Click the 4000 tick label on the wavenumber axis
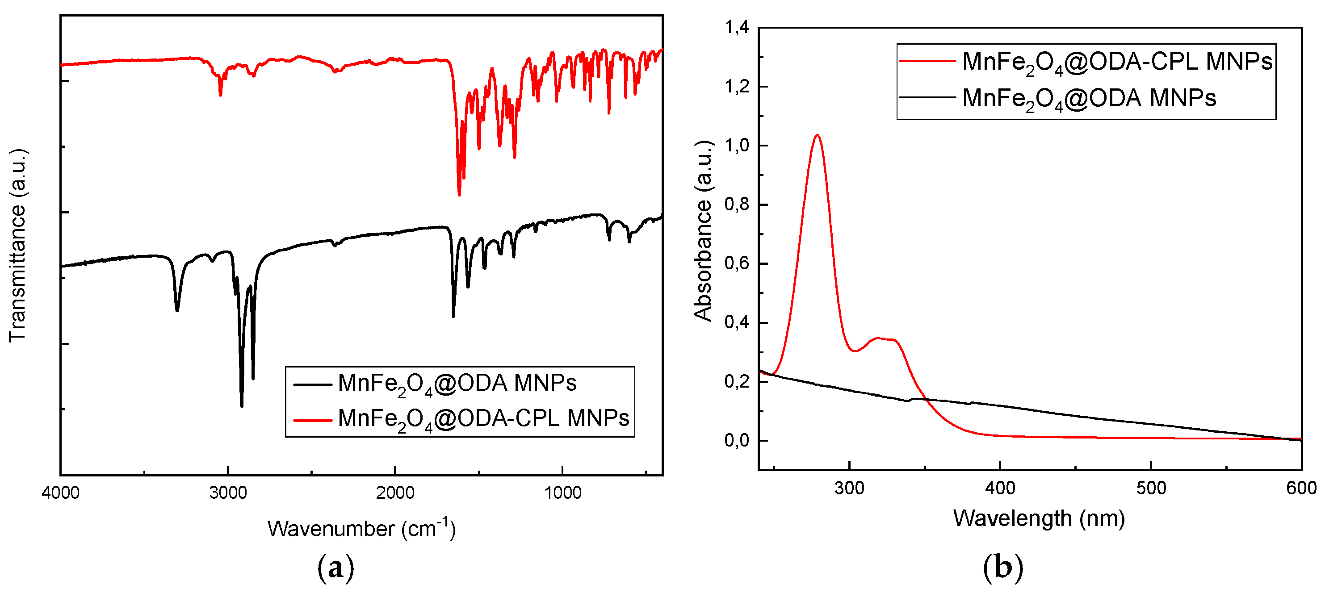pyautogui.click(x=61, y=493)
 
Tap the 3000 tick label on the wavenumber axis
pyautogui.click(x=228, y=493)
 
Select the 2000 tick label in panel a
pyautogui.click(x=395, y=493)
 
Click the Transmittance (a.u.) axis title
pyautogui.click(x=17, y=245)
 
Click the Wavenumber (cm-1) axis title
pyautogui.click(x=361, y=528)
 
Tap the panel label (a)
pyautogui.click(x=335, y=567)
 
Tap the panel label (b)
pyautogui.click(x=1002, y=567)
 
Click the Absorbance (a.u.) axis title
pyautogui.click(x=703, y=230)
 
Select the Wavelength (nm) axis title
pyautogui.click(x=1039, y=518)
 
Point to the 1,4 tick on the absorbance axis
pyautogui.click(x=737, y=27)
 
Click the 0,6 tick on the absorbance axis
pyautogui.click(x=737, y=263)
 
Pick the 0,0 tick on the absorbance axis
pyautogui.click(x=737, y=441)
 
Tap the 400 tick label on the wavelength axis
pyautogui.click(x=1000, y=488)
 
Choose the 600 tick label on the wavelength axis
pyautogui.click(x=1301, y=488)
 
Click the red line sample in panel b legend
pyautogui.click(x=927, y=61)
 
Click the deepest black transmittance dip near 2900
pyautogui.click(x=242, y=405)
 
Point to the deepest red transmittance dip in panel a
pyautogui.click(x=459, y=194)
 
